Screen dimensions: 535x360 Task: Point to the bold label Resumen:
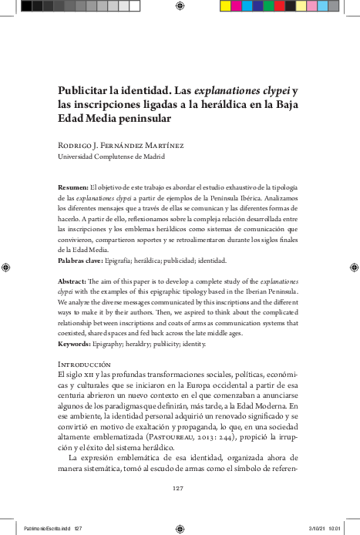[73, 187]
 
